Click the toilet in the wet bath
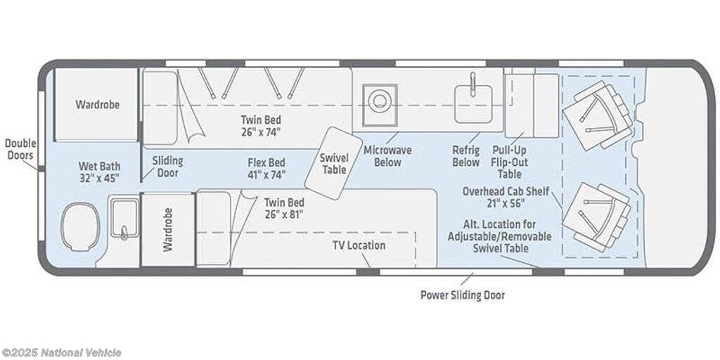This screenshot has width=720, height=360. (80, 227)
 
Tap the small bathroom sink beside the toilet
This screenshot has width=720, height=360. (124, 219)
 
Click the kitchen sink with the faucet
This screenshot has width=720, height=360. (473, 103)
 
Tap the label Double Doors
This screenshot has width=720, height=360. (20, 149)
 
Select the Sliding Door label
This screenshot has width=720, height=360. (167, 167)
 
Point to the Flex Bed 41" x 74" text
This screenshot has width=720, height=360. (266, 169)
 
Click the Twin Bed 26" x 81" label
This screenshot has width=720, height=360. (284, 208)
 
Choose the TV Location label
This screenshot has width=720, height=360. (359, 245)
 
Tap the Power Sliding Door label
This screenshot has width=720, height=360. (463, 295)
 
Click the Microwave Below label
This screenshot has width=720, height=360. (388, 156)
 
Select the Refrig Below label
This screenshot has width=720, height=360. (466, 156)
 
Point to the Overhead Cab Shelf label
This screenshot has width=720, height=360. (506, 197)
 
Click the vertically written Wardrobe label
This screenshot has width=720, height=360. (167, 229)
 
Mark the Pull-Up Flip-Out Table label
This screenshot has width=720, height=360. (510, 162)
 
